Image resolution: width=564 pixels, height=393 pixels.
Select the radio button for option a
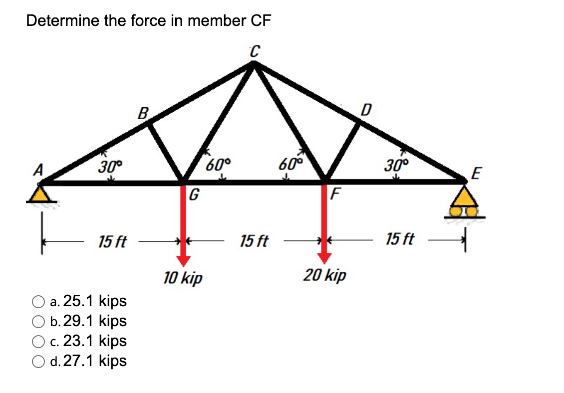[x=38, y=301]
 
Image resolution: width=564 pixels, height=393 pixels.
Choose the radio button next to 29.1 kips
[x=38, y=321]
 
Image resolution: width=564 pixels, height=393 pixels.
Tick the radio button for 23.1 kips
[x=38, y=341]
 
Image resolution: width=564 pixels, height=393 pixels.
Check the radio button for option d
[x=38, y=361]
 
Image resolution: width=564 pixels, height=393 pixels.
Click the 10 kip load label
[x=183, y=277]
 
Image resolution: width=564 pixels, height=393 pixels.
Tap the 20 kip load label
[x=325, y=275]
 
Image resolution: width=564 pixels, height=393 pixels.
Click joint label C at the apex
[x=255, y=50]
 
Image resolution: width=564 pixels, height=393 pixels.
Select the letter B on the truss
[x=143, y=113]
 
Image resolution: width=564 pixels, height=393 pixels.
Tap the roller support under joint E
[x=465, y=204]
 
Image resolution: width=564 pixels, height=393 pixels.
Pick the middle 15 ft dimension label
[x=254, y=242]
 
